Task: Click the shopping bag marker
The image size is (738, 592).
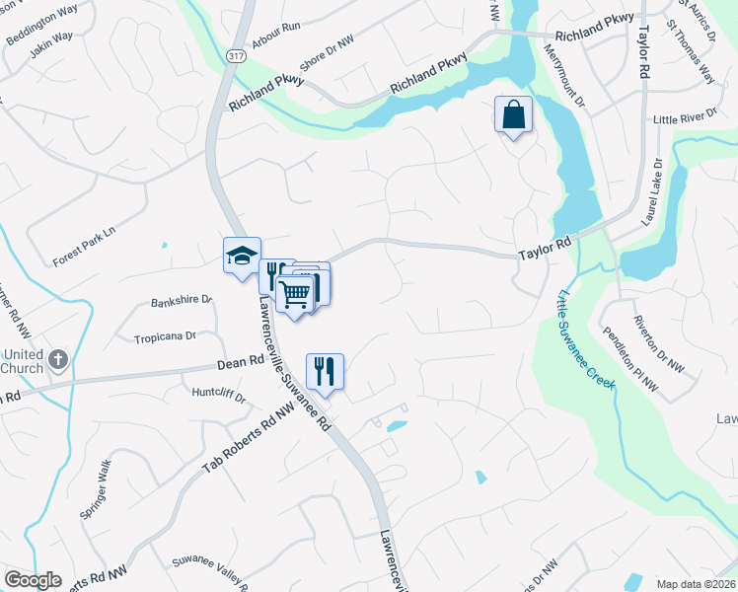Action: [x=513, y=114]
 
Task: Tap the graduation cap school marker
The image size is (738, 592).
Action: [x=242, y=257]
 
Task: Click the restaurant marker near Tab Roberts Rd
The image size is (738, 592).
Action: [x=325, y=372]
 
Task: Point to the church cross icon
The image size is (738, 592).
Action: [x=57, y=360]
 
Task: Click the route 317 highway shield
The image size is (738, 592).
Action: [x=235, y=57]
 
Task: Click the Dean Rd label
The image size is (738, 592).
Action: [x=237, y=365]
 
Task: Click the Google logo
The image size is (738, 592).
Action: [x=33, y=580]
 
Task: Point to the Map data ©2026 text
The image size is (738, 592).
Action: [x=695, y=584]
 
